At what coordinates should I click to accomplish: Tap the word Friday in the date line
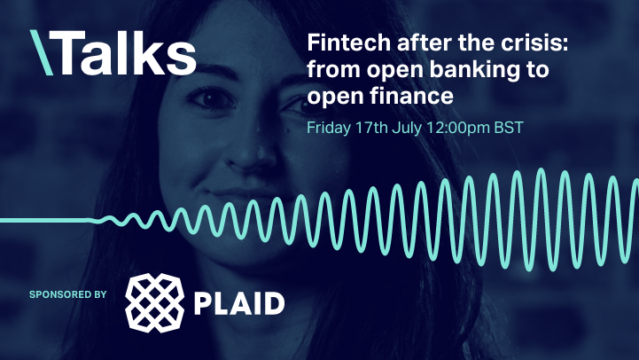tap(329, 126)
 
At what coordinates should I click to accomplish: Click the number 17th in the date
tap(370, 126)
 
